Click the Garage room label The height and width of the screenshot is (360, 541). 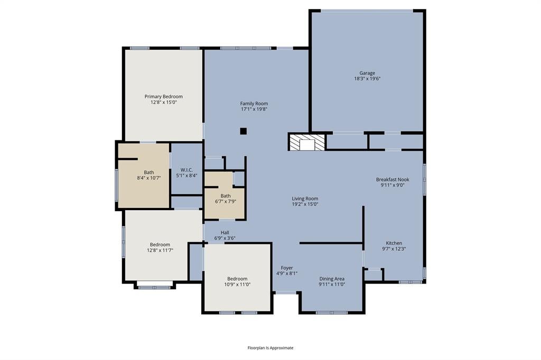point(367,73)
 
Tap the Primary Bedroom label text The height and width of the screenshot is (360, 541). point(164,97)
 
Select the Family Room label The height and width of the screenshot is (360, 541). point(254,103)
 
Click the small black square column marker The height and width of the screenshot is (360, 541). point(243,131)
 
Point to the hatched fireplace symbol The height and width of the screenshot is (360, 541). point(307,142)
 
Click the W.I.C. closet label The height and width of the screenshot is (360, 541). point(186,170)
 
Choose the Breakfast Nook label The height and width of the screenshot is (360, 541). point(393,179)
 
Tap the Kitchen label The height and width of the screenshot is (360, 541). point(394,243)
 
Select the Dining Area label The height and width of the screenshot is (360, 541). point(332,279)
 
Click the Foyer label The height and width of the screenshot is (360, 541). point(287,268)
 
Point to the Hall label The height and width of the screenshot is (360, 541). point(225,232)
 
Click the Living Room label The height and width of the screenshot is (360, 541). point(305,198)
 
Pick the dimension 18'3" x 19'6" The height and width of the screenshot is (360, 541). point(367,79)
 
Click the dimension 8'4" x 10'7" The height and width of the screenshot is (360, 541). point(148,178)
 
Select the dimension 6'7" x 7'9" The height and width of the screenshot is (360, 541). point(225,202)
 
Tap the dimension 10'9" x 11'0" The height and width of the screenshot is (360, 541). point(237,285)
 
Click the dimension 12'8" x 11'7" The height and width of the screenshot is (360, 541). point(160,250)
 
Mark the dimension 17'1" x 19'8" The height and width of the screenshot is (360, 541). point(254,109)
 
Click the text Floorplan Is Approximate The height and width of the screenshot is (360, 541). point(270,348)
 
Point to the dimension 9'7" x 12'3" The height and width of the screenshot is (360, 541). point(394,249)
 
